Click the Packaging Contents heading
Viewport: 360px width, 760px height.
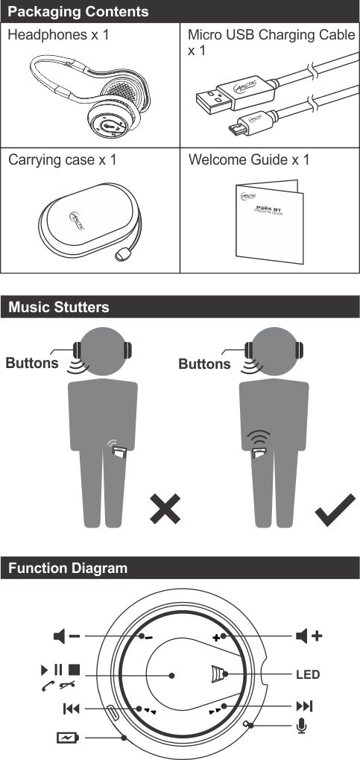(x=78, y=11)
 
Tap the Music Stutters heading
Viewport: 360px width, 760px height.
(x=59, y=307)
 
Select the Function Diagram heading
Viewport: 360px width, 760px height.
(x=67, y=568)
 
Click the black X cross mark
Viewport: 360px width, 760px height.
(x=165, y=509)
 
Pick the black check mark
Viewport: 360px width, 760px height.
(x=335, y=510)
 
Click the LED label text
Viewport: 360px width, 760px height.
(x=308, y=674)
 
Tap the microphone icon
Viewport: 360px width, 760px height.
(x=302, y=726)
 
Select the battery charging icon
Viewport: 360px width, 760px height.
(x=68, y=738)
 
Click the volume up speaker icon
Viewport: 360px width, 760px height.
(x=309, y=636)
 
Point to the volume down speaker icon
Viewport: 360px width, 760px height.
(x=66, y=636)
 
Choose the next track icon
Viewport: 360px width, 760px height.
(x=304, y=706)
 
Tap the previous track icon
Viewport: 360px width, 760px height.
(x=71, y=709)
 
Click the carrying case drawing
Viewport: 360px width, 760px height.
(x=89, y=223)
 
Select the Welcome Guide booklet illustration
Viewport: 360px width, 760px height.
(x=269, y=221)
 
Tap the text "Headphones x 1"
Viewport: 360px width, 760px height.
(x=58, y=35)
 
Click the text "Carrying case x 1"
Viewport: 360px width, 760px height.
(x=62, y=160)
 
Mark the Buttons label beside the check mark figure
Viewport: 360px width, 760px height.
(x=205, y=364)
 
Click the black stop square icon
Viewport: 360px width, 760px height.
(x=74, y=671)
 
